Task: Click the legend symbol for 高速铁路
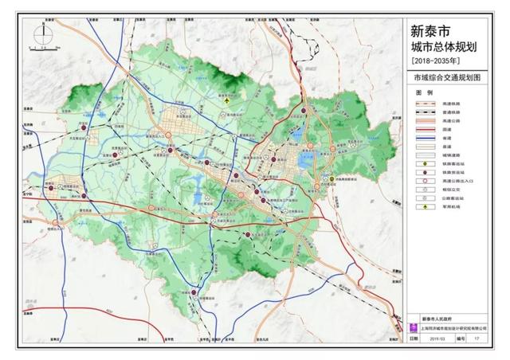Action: point(425,104)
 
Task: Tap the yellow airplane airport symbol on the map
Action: point(228,101)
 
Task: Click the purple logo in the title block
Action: point(413,327)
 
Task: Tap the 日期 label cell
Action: point(413,338)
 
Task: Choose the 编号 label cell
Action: point(461,338)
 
